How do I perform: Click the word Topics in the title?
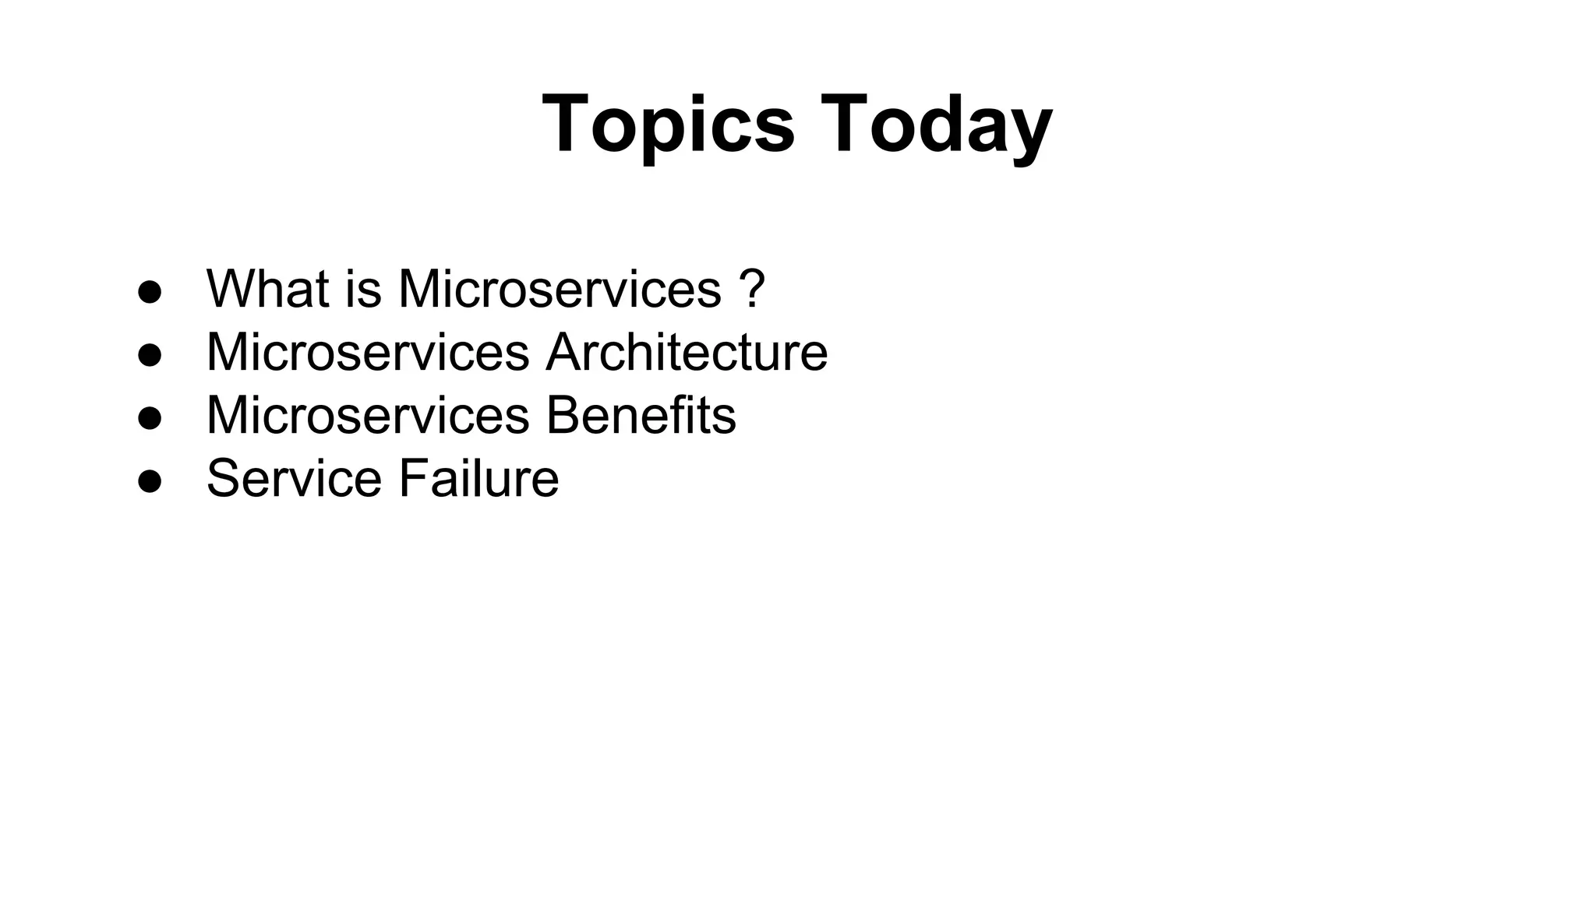pyautogui.click(x=668, y=125)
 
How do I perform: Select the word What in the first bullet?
pyautogui.click(x=267, y=289)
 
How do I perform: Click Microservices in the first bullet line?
pyautogui.click(x=560, y=289)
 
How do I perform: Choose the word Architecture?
pyautogui.click(x=687, y=352)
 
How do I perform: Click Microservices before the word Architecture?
pyautogui.click(x=368, y=352)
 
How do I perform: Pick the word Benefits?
pyautogui.click(x=641, y=415)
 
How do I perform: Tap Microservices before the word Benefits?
pyautogui.click(x=368, y=415)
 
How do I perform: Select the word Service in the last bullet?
pyautogui.click(x=294, y=478)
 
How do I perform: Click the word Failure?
pyautogui.click(x=478, y=478)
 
